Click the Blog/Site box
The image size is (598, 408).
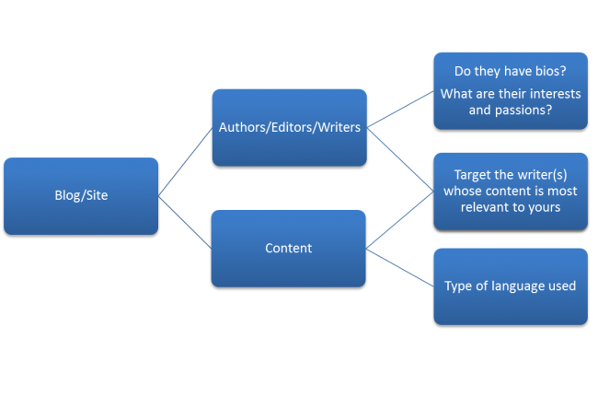[x=81, y=195]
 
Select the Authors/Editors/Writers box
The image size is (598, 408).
[x=289, y=127]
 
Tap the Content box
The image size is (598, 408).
[x=289, y=248]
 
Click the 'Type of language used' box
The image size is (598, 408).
[x=511, y=286]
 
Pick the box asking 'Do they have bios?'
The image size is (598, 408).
[x=511, y=90]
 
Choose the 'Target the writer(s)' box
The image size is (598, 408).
[x=511, y=191]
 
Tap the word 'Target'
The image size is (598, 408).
[x=476, y=174]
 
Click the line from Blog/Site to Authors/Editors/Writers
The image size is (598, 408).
[x=185, y=161]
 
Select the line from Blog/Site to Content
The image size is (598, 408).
[x=185, y=222]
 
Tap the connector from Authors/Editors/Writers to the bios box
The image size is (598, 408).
[x=401, y=110]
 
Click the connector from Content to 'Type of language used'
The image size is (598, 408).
[x=401, y=268]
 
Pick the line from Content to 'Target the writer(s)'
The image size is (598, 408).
[x=401, y=220]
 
